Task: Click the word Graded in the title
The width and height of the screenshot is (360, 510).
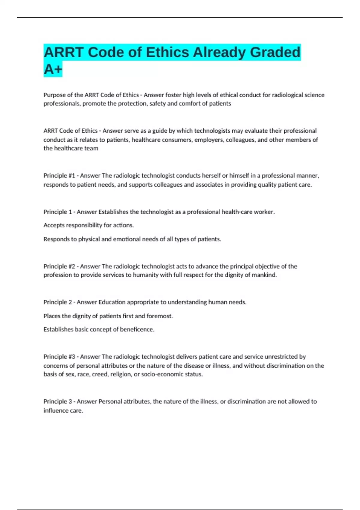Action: click(x=275, y=52)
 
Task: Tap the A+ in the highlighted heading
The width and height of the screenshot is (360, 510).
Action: click(x=53, y=69)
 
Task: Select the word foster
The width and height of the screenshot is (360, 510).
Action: click(x=173, y=95)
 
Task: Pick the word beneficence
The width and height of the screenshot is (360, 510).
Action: click(x=137, y=329)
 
